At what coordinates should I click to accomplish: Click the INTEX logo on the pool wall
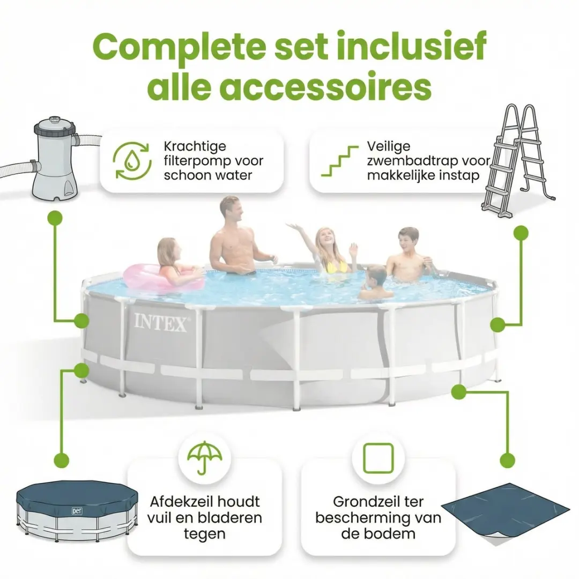(x=161, y=322)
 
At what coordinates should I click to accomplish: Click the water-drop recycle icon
(x=132, y=161)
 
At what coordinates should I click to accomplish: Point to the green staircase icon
(x=340, y=161)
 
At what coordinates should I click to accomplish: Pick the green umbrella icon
(x=205, y=457)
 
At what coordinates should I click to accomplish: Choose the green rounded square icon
(x=378, y=458)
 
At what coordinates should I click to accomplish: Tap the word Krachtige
(x=195, y=146)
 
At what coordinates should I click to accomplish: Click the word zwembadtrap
(x=418, y=161)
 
